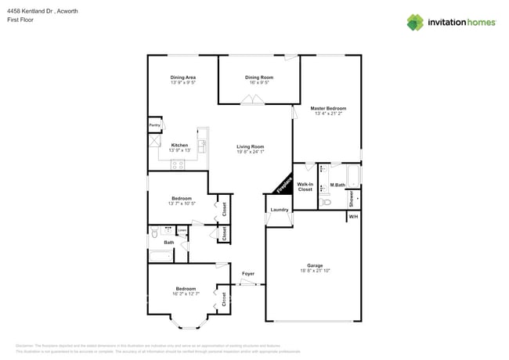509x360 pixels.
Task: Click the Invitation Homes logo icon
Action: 415,22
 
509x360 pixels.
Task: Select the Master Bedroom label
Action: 328,108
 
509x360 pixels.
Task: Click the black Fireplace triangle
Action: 283,185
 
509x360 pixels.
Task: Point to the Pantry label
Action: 155,124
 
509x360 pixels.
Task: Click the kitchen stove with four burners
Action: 178,164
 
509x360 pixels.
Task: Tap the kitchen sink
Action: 201,145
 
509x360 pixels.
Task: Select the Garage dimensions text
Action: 316,271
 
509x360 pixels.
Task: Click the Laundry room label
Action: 279,210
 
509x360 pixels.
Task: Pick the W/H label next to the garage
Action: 353,216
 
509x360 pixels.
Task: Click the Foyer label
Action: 247,273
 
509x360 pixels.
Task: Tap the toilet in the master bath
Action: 324,202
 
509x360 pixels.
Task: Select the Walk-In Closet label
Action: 305,186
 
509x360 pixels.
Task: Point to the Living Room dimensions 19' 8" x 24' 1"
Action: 251,152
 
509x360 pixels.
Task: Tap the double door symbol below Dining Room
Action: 251,99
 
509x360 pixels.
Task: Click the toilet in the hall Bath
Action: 155,233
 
